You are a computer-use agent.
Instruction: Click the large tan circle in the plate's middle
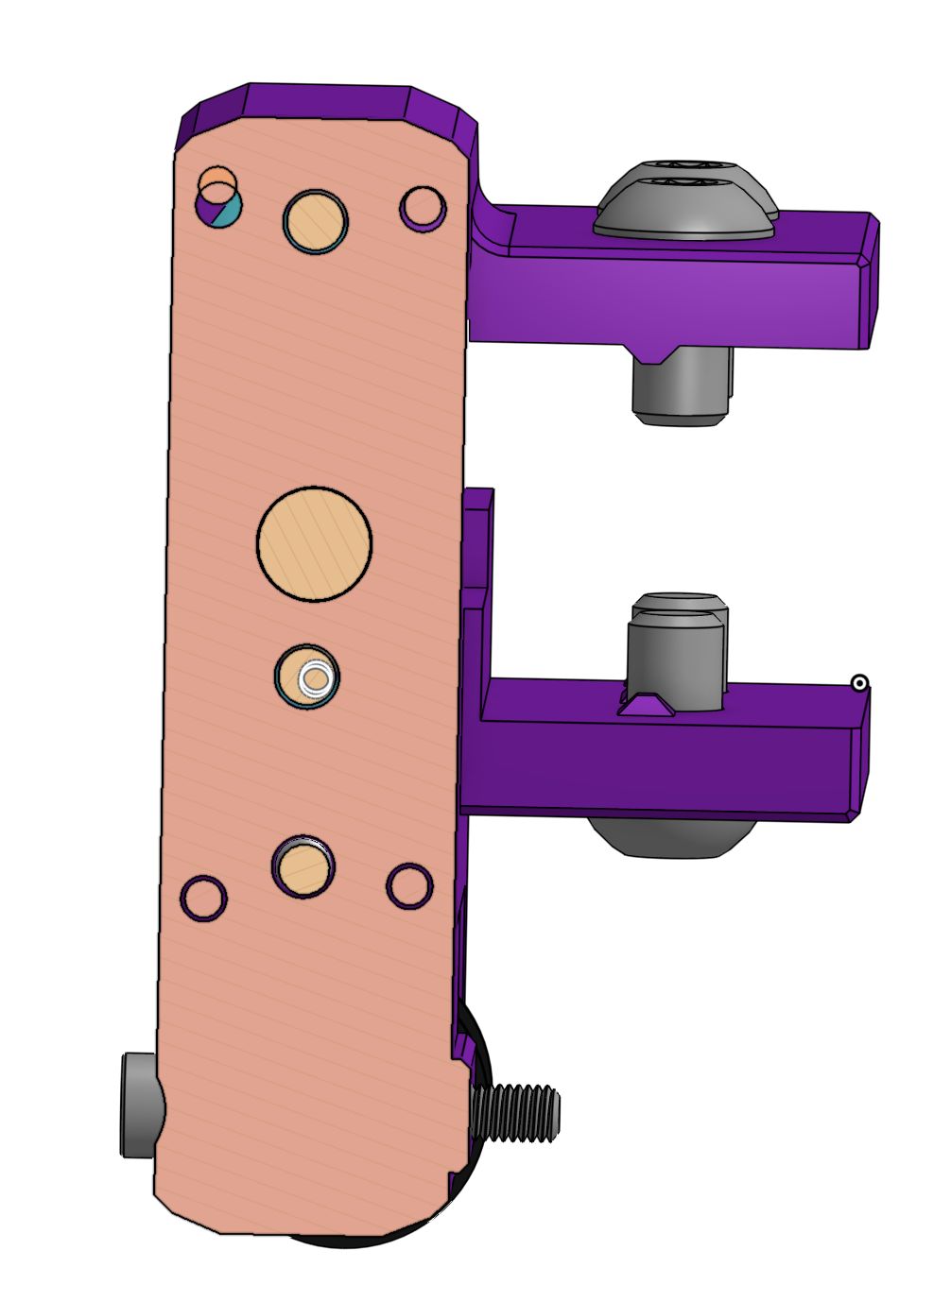click(x=314, y=543)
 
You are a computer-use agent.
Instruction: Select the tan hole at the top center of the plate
click(x=316, y=221)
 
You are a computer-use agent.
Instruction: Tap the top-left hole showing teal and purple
click(x=219, y=204)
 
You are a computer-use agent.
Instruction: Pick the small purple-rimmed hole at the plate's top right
click(x=423, y=207)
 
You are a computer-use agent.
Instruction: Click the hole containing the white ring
click(x=309, y=677)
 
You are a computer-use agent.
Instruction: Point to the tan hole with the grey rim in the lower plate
click(x=303, y=867)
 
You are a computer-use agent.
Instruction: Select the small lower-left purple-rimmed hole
click(x=203, y=898)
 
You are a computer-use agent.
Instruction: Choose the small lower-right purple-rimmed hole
click(x=409, y=885)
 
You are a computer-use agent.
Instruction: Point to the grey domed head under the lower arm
click(x=671, y=837)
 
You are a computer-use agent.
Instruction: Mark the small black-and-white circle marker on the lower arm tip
click(x=859, y=682)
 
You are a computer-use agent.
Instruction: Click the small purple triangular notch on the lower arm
click(x=647, y=705)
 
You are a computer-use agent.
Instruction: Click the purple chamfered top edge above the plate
click(x=326, y=101)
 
